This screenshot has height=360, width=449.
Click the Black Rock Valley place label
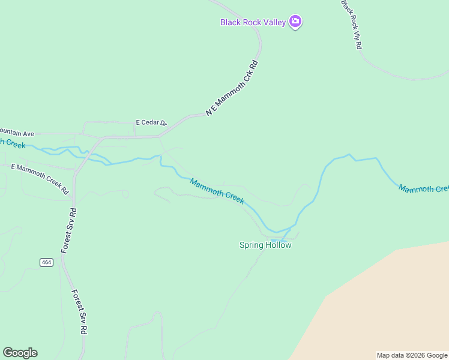(253, 22)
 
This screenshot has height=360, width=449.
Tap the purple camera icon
(295, 22)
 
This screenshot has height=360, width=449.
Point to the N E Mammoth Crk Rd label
(232, 88)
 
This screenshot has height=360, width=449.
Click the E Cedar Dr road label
(151, 122)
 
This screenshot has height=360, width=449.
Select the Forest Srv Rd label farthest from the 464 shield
(80, 312)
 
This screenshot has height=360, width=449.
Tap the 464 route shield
(47, 262)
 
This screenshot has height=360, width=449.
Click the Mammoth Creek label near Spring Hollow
(217, 191)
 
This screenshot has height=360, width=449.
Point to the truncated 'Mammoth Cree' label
(423, 189)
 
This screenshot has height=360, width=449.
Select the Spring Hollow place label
(265, 245)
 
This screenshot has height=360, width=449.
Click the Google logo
(20, 353)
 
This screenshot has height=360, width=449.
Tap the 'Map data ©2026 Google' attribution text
(412, 355)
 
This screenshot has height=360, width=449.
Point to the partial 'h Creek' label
(13, 143)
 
